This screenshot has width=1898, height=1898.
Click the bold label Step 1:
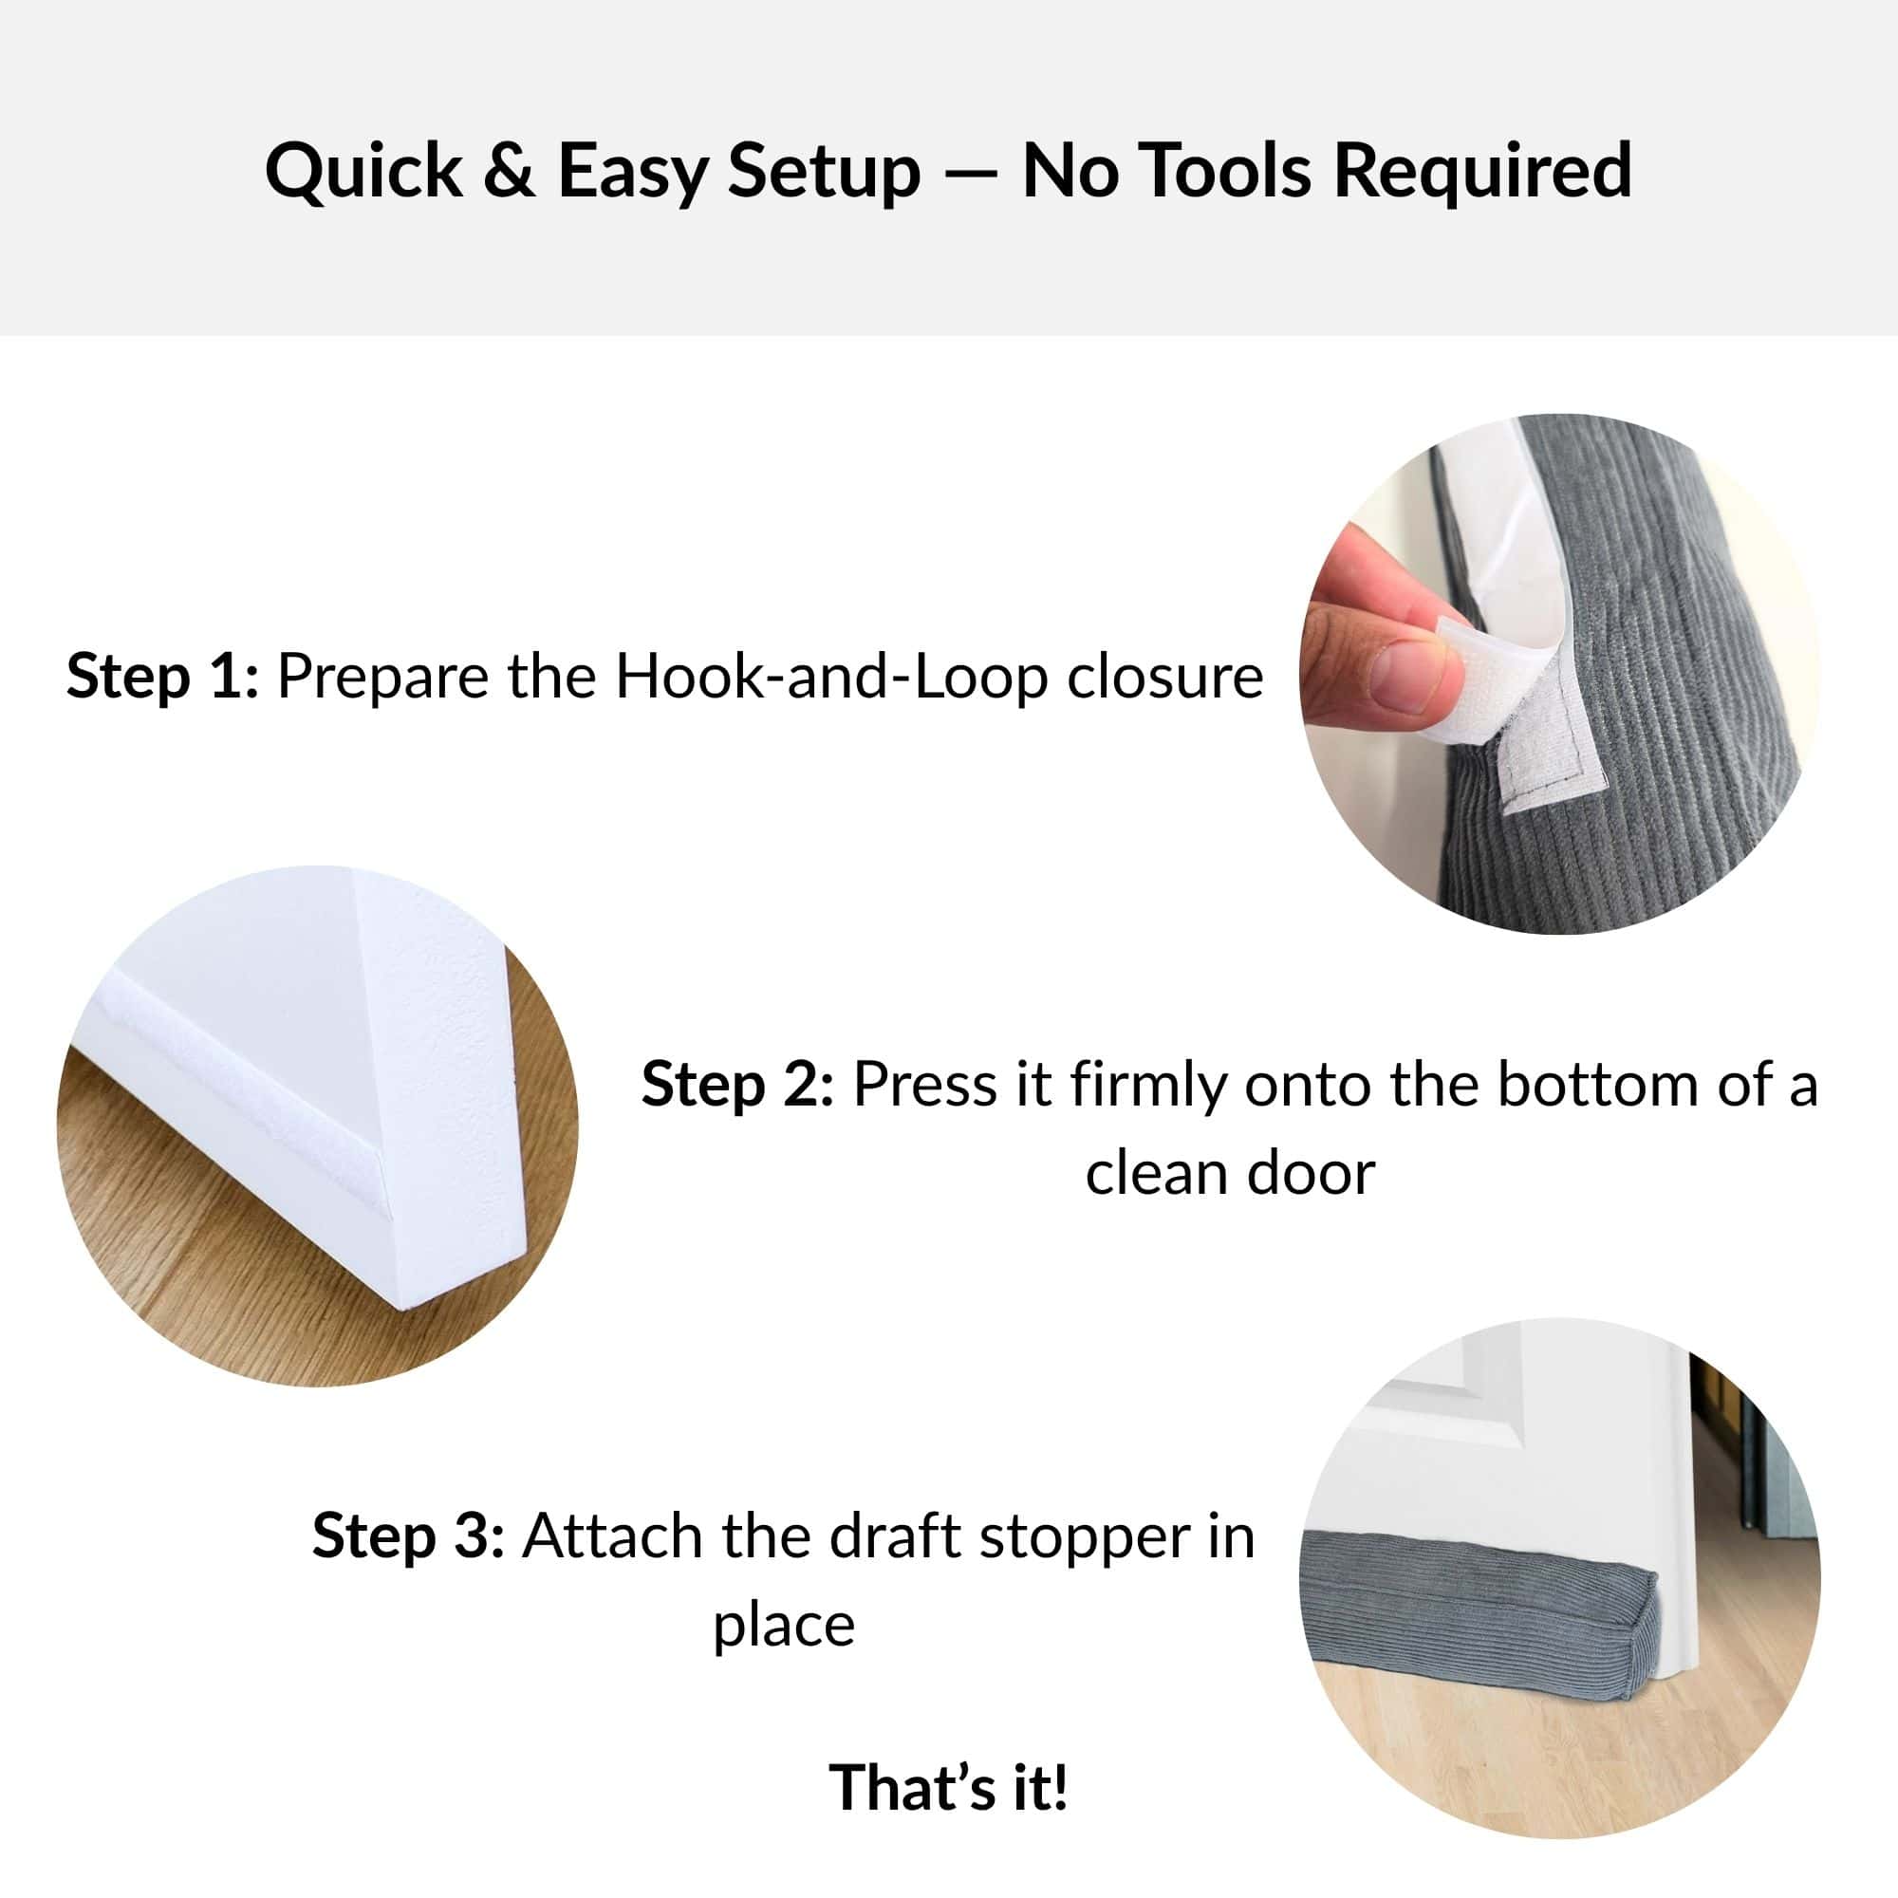pyautogui.click(x=163, y=677)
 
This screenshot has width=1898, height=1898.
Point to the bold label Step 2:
pyautogui.click(x=737, y=1085)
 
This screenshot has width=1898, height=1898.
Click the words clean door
pyautogui.click(x=1230, y=1173)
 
